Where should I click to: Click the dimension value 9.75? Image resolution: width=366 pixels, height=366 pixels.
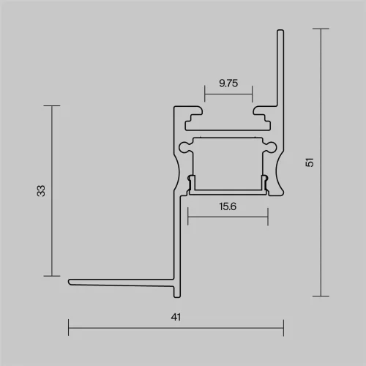(228, 83)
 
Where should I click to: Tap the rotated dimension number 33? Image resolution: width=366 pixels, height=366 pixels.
(42, 190)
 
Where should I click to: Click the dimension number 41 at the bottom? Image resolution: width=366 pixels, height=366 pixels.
(176, 317)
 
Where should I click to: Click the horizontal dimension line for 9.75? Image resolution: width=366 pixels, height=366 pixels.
(228, 95)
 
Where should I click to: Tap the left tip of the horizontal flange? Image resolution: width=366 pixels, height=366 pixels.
(70, 282)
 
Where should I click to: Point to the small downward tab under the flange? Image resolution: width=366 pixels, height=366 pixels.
(175, 293)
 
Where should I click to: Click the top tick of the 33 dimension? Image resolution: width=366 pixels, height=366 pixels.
(51, 106)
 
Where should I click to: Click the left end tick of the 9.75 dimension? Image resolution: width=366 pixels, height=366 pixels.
(205, 95)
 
